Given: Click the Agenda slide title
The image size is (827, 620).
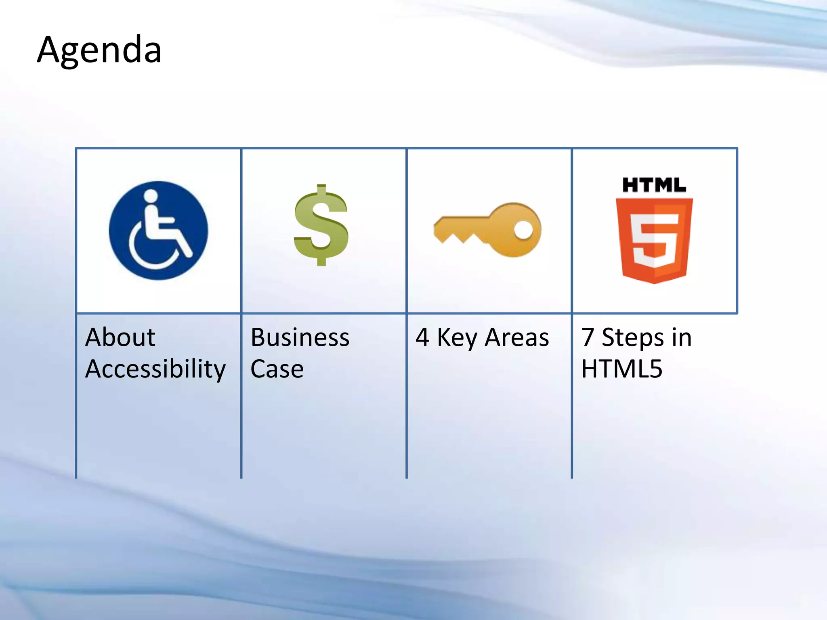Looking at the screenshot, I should pyautogui.click(x=99, y=50).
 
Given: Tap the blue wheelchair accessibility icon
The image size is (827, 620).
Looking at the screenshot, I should pyautogui.click(x=158, y=230).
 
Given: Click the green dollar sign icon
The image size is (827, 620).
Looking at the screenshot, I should pyautogui.click(x=321, y=225).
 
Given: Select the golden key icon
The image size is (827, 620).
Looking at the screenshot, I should pyautogui.click(x=488, y=229).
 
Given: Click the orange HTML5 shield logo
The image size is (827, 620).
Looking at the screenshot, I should pyautogui.click(x=654, y=241).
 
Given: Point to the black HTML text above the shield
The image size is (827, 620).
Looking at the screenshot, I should pyautogui.click(x=654, y=185).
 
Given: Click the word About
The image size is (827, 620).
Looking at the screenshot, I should pyautogui.click(x=120, y=337).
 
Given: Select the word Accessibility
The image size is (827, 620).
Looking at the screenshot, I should pyautogui.click(x=155, y=369).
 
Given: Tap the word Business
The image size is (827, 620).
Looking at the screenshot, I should pyautogui.click(x=300, y=337).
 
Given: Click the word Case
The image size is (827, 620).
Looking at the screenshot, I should pyautogui.click(x=277, y=369).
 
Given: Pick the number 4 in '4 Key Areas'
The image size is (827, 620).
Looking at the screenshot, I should pyautogui.click(x=422, y=337).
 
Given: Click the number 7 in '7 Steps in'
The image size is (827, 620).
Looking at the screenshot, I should pyautogui.click(x=588, y=337).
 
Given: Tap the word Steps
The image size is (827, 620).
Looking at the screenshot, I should pyautogui.click(x=632, y=338).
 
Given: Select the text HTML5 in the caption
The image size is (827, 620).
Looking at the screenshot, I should pyautogui.click(x=622, y=369).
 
